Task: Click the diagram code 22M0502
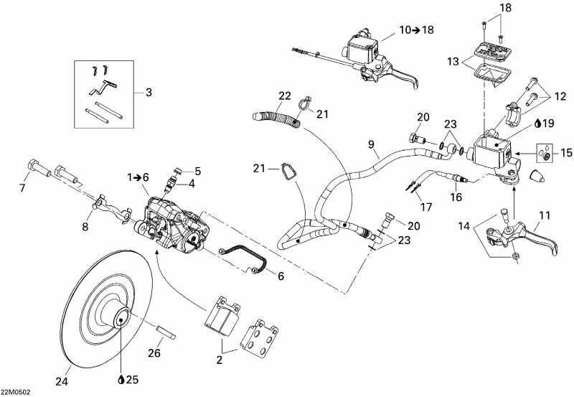click(15, 392)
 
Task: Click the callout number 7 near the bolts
click(22, 188)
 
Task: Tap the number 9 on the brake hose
click(372, 145)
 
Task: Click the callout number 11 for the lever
click(545, 215)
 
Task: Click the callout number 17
click(426, 207)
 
